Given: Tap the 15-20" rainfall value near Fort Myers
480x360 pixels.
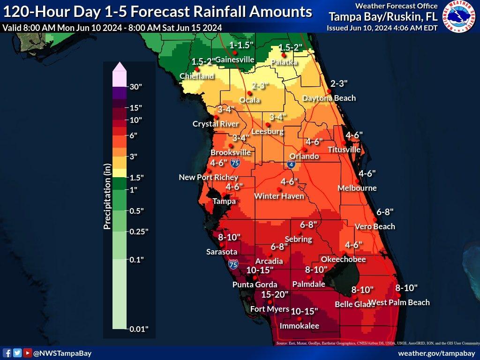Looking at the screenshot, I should [x=275, y=294].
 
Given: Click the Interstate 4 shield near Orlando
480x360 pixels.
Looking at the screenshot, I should [x=291, y=164].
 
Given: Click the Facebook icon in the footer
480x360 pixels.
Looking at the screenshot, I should [x=7, y=353].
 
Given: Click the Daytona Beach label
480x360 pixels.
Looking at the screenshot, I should [x=329, y=98].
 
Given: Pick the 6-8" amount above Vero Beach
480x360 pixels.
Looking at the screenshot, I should [x=385, y=211].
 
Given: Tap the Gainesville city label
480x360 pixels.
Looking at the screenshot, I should [x=234, y=60].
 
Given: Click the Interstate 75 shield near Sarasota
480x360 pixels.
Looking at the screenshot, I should [x=233, y=264].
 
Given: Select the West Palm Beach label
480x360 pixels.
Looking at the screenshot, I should [x=398, y=302].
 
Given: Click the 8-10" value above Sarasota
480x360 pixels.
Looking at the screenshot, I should [x=229, y=237].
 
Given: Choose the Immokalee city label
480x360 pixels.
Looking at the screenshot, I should [x=299, y=326].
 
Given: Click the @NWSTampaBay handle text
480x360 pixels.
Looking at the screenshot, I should [x=62, y=353].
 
